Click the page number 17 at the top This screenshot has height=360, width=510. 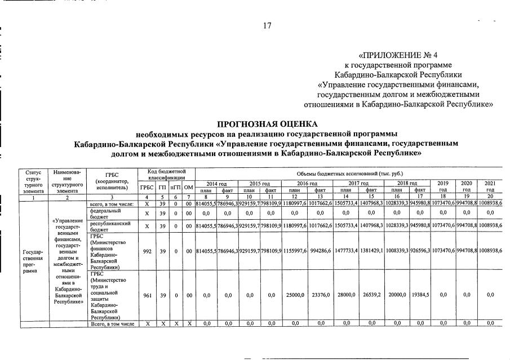pyautogui.click(x=267, y=26)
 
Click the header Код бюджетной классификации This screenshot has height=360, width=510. pyautogui.click(x=167, y=174)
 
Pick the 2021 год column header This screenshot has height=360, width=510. pyautogui.click(x=490, y=186)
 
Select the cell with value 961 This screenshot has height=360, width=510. pyautogui.click(x=147, y=295)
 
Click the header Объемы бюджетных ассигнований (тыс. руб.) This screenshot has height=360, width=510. pyautogui.click(x=349, y=173)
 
